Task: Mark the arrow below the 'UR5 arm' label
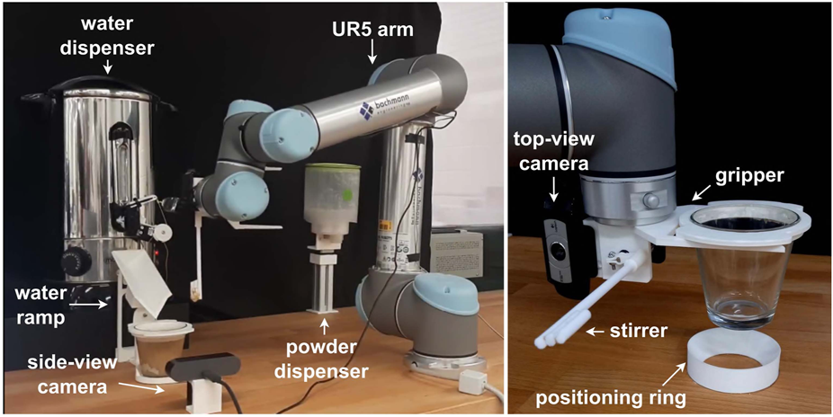pos(372,57)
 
